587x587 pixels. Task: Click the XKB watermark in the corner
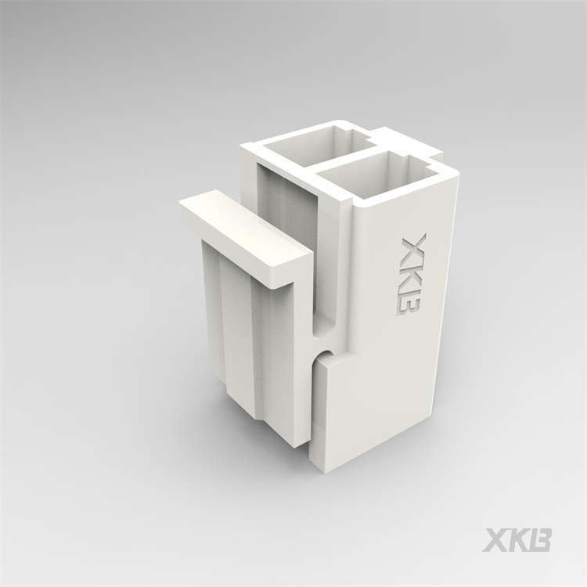pos(518,540)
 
